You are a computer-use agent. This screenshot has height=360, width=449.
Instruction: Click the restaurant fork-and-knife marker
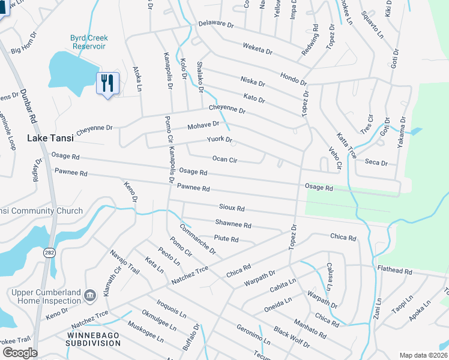(107, 82)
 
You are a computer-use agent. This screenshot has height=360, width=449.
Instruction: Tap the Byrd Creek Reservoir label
(88, 41)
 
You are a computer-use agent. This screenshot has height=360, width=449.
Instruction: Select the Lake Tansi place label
(50, 138)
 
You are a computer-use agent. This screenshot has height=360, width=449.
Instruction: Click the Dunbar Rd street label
(29, 101)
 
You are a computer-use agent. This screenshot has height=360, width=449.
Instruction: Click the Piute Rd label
(226, 239)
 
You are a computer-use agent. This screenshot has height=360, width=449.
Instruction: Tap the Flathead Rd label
(394, 271)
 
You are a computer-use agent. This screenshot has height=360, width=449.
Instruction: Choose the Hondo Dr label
(293, 79)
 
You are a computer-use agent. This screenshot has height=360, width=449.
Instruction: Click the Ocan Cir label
(225, 160)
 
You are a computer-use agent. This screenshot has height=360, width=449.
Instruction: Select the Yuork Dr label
(219, 140)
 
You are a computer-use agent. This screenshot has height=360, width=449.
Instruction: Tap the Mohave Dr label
(203, 125)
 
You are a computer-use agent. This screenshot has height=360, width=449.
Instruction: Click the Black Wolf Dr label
(291, 338)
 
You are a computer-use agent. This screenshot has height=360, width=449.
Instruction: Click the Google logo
(19, 352)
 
